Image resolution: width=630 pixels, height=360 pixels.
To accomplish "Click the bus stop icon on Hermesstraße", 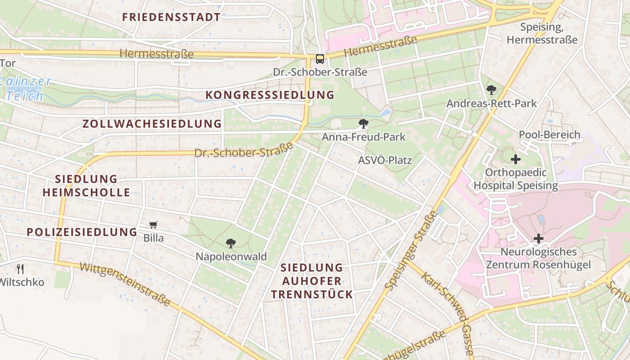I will tap(319, 59).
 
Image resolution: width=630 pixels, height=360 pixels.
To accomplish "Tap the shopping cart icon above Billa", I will tap(153, 225).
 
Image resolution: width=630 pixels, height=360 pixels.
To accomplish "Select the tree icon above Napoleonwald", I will tap(231, 243).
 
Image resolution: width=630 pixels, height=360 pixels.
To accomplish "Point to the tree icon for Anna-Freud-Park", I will tap(364, 124).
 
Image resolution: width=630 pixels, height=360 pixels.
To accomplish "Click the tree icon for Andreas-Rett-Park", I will tap(491, 90).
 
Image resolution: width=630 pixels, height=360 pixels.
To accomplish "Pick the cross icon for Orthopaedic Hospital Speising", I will tap(516, 159).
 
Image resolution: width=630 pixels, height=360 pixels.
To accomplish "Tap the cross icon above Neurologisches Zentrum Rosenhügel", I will tap(538, 238).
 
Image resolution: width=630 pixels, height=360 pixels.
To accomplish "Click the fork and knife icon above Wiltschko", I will tap(20, 269).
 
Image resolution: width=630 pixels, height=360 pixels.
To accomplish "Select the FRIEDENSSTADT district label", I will tap(171, 18).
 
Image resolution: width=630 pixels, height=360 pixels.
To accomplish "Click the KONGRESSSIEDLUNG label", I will tap(270, 95).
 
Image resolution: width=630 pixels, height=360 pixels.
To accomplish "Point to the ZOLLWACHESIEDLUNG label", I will tap(152, 124).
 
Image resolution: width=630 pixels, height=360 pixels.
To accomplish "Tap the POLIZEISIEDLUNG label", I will tap(82, 232).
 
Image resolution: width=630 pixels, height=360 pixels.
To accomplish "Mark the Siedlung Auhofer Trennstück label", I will tap(311, 281).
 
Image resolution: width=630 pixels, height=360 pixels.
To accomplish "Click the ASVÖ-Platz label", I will tap(385, 160).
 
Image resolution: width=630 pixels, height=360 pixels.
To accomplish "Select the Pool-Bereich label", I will tap(549, 135).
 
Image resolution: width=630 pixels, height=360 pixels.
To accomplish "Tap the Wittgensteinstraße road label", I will tap(125, 284).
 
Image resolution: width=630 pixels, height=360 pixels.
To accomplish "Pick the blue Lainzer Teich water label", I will tap(26, 89).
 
